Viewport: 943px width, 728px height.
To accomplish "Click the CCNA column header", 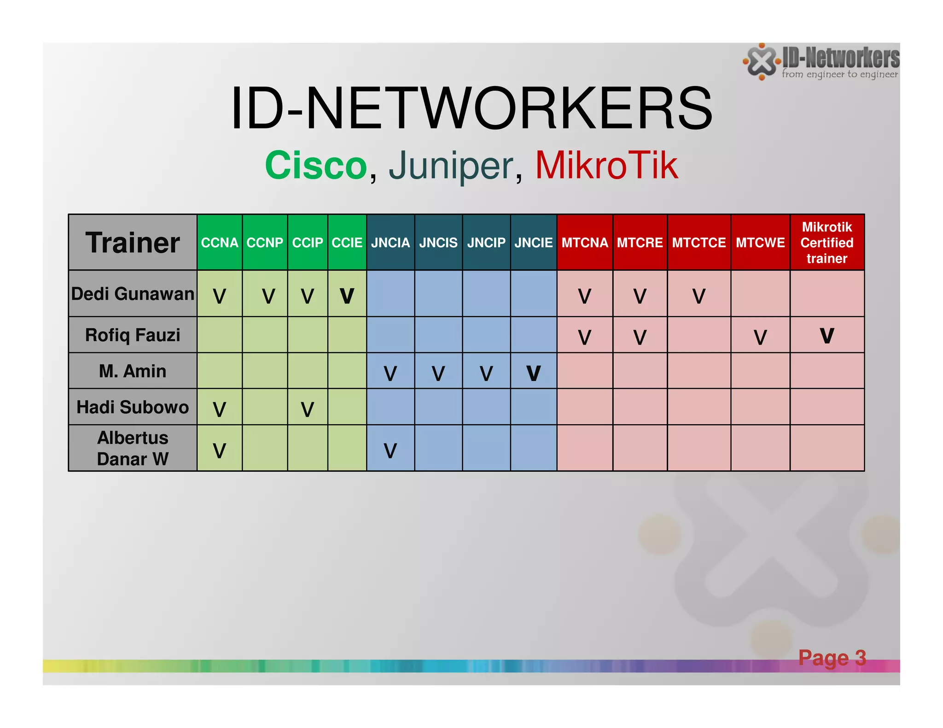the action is point(219,243).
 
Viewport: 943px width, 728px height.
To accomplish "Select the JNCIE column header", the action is point(533,243).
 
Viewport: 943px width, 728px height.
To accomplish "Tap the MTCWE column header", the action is point(760,243).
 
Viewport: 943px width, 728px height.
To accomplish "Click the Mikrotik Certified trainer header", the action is point(827,243).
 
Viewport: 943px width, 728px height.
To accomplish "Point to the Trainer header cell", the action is point(133,243).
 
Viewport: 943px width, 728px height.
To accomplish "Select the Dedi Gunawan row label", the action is point(133,294).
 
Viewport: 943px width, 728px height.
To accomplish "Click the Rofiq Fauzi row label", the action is point(133,335).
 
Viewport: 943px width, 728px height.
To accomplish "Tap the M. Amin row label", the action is point(133,371).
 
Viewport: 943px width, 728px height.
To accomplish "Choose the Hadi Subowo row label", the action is point(133,407).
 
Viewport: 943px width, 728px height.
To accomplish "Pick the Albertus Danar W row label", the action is point(133,448).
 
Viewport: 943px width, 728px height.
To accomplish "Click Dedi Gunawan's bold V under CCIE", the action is point(347,296).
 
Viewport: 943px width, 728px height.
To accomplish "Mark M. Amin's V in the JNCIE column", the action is point(533,373).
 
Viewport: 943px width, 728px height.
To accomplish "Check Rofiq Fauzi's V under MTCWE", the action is point(760,337).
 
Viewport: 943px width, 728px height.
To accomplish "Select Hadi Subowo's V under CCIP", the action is point(307,409).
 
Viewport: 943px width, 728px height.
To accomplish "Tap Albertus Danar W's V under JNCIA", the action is point(390,451).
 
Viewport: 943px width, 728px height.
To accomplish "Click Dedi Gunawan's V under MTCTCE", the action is point(699,296).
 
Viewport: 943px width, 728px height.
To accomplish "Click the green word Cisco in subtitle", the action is point(316,166).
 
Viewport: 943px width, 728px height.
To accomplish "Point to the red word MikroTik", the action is point(606,166).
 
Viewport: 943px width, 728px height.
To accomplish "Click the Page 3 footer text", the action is point(832,658).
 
